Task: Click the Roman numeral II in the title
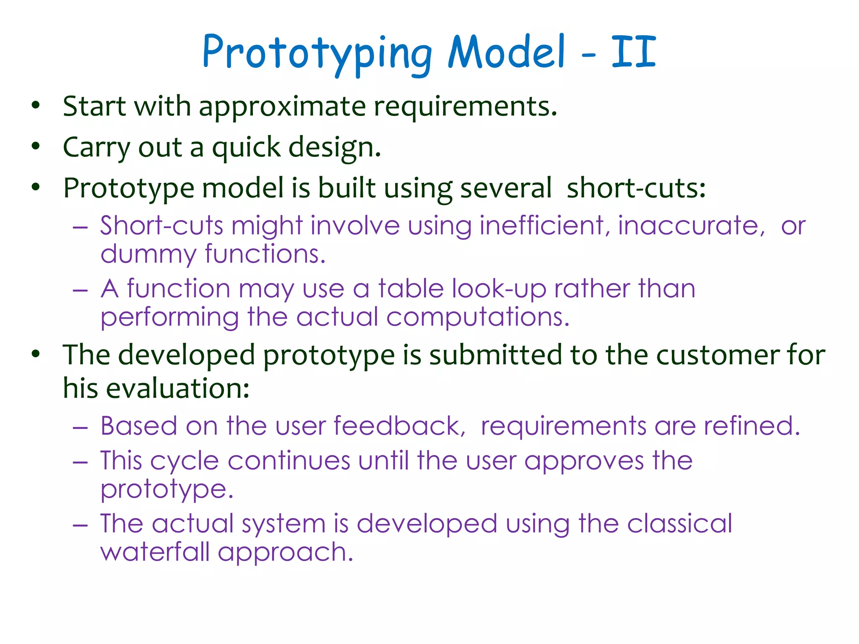pos(633,52)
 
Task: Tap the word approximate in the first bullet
pos(282,106)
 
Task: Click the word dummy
pos(148,254)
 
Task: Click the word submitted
pos(495,355)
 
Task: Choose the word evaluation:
pos(178,388)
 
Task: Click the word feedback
pos(399,426)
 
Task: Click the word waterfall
pos(155,552)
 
